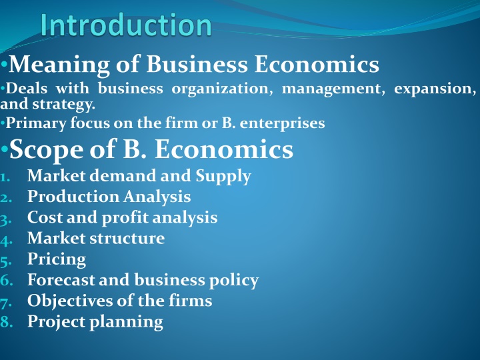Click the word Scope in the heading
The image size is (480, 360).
click(x=46, y=150)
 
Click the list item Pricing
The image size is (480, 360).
click(x=57, y=259)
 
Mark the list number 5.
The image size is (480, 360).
click(x=6, y=260)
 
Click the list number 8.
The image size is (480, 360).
click(x=6, y=322)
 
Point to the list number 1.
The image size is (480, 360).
click(x=6, y=177)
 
